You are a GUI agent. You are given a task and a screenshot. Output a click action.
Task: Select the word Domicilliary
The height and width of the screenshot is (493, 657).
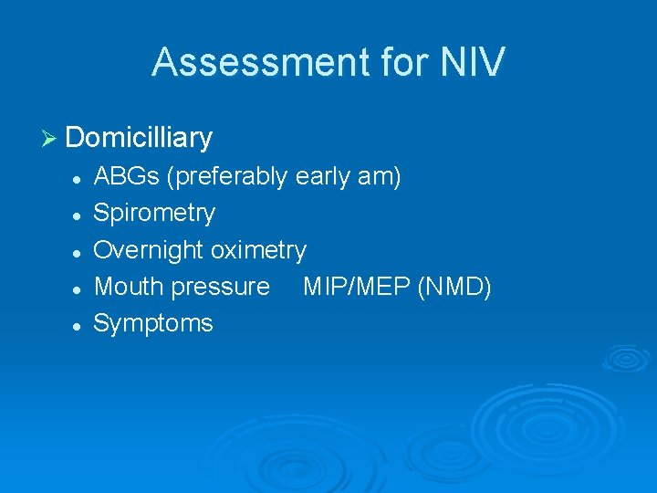point(139,138)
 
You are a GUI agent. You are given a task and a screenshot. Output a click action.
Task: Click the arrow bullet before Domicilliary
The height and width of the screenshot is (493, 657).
point(50,139)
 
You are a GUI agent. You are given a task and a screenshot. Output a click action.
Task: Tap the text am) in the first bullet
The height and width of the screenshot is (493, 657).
point(380,176)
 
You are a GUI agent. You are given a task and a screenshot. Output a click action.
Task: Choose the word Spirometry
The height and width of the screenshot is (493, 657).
point(155,214)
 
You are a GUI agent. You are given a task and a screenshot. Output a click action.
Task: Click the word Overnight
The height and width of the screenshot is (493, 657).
point(150,250)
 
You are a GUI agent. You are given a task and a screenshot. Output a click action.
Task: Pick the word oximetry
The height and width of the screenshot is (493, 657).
point(259,250)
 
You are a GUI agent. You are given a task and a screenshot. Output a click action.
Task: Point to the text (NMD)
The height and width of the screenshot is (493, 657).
point(455,287)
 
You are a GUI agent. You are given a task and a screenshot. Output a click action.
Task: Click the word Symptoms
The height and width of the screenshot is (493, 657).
point(153,323)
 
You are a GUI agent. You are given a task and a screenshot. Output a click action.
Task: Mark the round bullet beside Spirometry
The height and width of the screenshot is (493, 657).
point(80,215)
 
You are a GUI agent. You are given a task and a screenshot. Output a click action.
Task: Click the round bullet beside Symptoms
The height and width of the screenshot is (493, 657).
point(80,324)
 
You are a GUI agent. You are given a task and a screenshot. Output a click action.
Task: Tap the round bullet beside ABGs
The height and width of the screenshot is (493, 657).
point(80,178)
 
